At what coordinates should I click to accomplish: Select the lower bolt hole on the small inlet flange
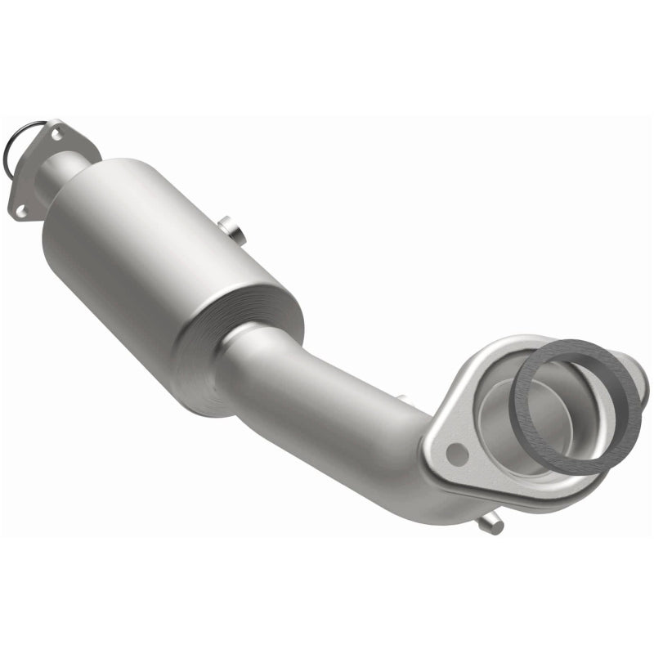[21, 211]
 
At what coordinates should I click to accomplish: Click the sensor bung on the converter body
[234, 231]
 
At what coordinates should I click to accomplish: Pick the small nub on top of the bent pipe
[401, 399]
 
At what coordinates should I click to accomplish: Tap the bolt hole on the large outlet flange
[459, 451]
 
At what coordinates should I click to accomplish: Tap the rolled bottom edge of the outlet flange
[523, 499]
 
